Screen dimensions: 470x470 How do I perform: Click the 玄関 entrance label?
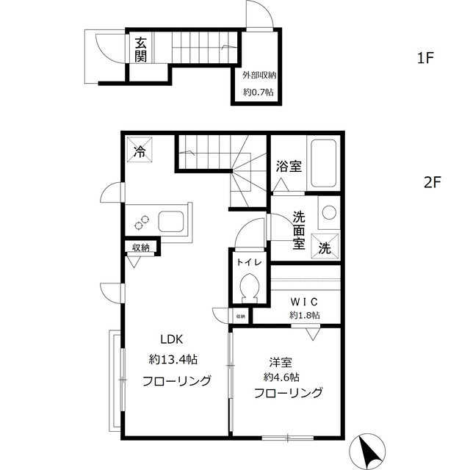pos(141,49)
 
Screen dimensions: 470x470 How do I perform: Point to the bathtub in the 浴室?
pos(322,164)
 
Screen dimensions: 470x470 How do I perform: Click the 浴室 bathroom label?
pos(289,167)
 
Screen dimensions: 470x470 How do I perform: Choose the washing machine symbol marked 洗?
pos(325,247)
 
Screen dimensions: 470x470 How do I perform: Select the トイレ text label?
pos(248,261)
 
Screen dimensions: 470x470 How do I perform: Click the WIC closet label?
pos(303,301)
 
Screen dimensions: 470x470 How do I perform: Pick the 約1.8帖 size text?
pos(304,316)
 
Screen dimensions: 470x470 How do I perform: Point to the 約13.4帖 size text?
pos(173,360)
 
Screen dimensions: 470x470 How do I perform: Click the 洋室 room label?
pos(281,361)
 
